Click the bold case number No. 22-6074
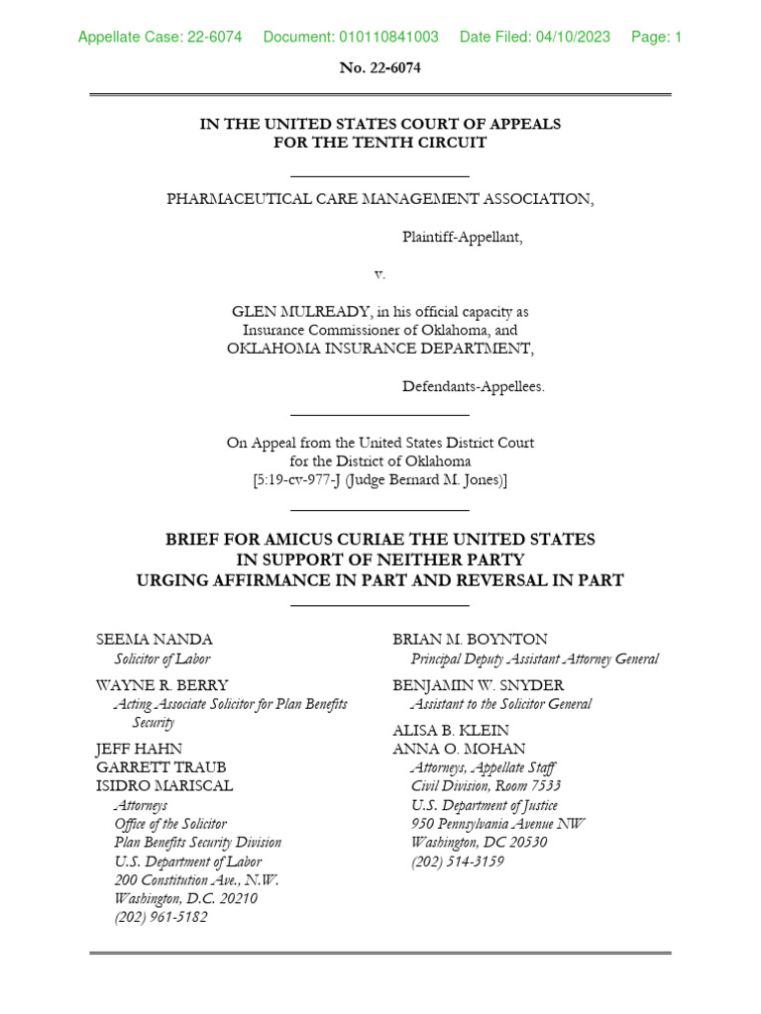coord(380,68)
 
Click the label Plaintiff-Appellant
coord(461,237)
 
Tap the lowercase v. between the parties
coord(380,273)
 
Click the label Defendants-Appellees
coord(473,387)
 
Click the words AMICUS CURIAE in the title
coord(326,540)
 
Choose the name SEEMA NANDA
coord(154,640)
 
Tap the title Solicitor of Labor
coord(163,659)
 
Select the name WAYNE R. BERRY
coord(162,685)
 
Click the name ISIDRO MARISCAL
coord(164,786)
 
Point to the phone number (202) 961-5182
coord(161,917)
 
